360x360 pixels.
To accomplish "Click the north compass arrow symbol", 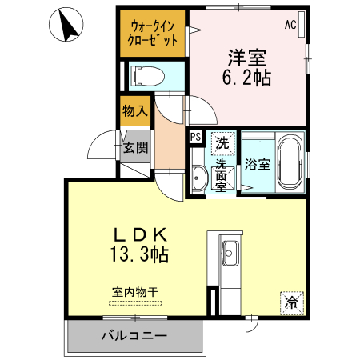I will click(x=68, y=26).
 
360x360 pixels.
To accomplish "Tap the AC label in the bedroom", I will click(x=290, y=25).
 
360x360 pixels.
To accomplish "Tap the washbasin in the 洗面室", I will click(x=198, y=174).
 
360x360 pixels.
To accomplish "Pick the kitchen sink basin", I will click(x=231, y=247).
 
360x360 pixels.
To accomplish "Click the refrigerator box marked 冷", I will click(x=292, y=302).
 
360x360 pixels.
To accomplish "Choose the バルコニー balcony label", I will click(x=134, y=335).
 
